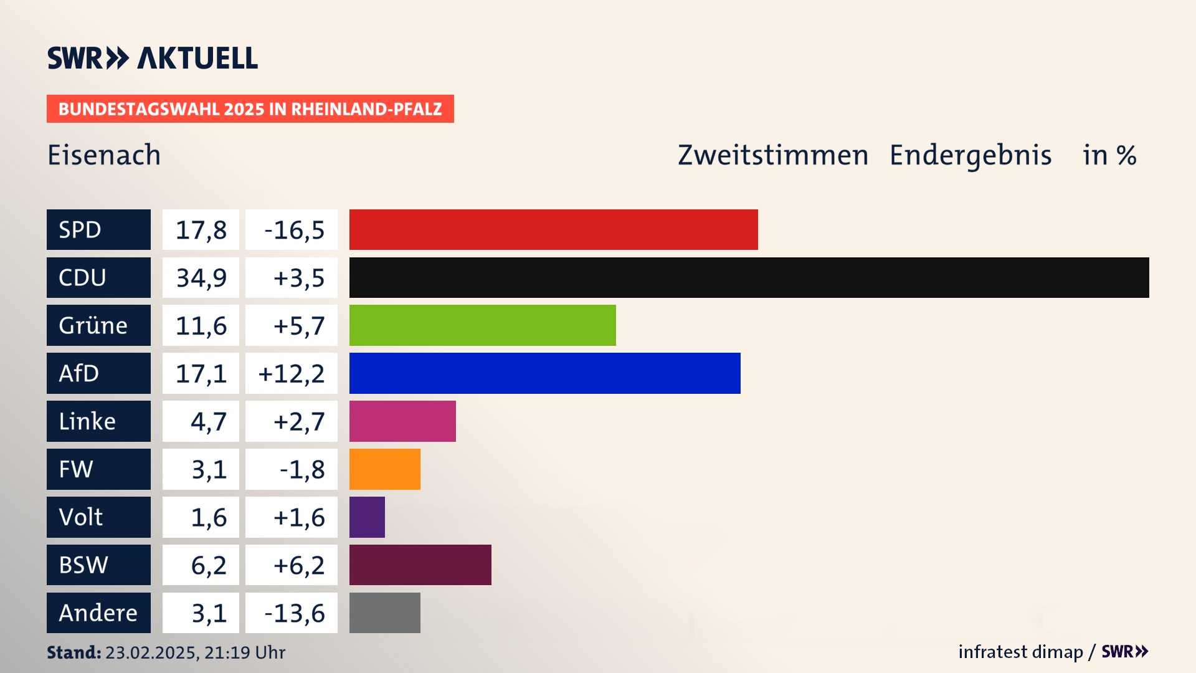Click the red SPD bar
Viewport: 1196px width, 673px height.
[x=553, y=229]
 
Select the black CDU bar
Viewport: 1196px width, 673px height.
[x=749, y=277]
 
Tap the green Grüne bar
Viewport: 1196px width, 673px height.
[x=482, y=325]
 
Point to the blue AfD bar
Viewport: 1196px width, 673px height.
[x=544, y=373]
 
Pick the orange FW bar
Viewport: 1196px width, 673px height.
[x=384, y=469]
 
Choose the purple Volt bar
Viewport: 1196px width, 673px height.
[x=367, y=517]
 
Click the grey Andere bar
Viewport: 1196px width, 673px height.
[x=384, y=613]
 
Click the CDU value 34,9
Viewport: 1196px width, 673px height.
[x=201, y=278]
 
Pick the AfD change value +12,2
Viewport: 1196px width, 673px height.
[x=292, y=374]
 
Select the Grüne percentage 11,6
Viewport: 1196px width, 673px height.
[x=201, y=326]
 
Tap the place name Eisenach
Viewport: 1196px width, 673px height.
[x=104, y=155]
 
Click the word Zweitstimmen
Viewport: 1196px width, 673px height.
[x=772, y=155]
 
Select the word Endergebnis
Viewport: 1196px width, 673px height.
[x=970, y=155]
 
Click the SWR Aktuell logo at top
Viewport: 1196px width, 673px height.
[x=153, y=58]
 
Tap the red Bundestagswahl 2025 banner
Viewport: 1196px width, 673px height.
[x=250, y=109]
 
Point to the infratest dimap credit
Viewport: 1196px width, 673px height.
[x=1020, y=652]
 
